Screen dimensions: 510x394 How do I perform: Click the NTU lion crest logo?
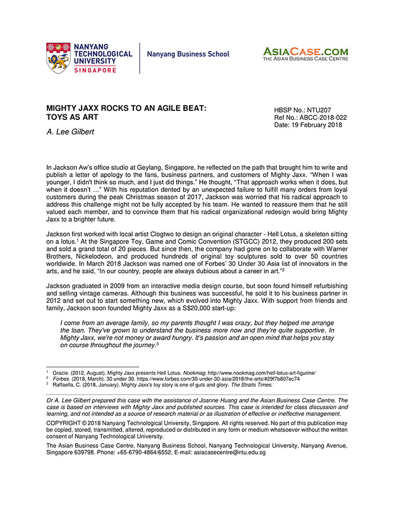(x=58, y=58)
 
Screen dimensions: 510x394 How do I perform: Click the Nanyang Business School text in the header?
(x=188, y=55)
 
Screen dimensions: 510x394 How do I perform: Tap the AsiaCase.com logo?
(x=305, y=54)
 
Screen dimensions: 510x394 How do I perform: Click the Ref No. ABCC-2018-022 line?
(x=310, y=118)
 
